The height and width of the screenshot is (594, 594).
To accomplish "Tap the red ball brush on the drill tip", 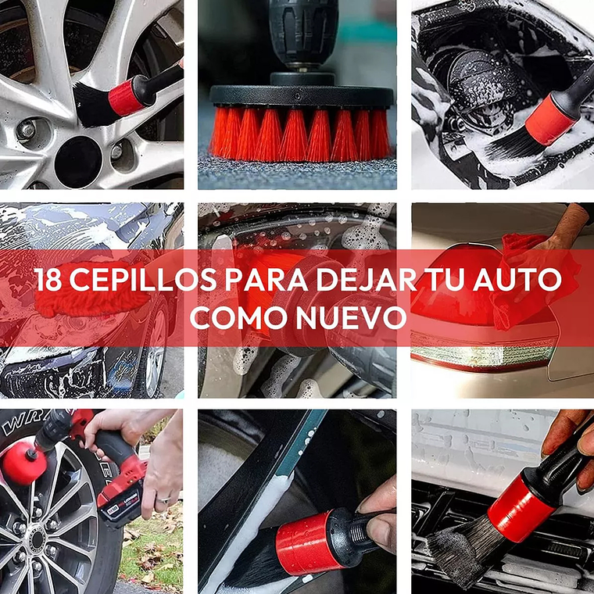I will pos(21,461).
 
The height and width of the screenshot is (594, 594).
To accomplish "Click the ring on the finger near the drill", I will pos(163,498).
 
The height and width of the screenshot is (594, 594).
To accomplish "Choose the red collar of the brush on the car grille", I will pos(519,508).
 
